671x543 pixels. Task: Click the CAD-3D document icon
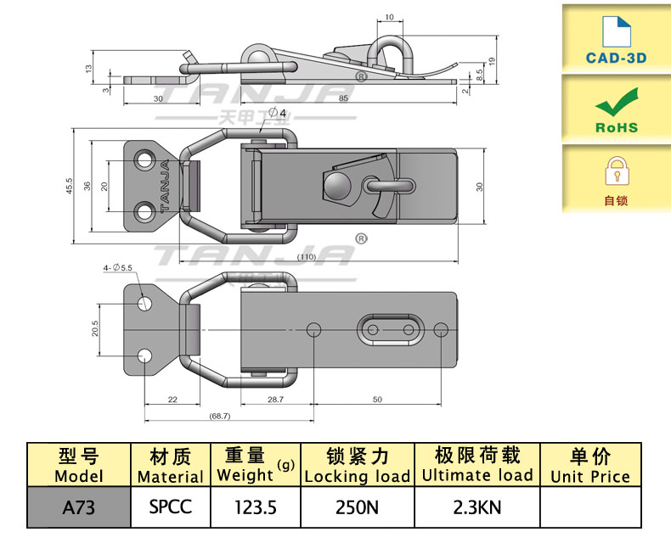click(x=617, y=31)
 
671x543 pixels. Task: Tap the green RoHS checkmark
click(x=617, y=104)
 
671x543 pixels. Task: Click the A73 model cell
click(x=78, y=507)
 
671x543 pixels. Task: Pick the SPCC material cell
click(x=170, y=507)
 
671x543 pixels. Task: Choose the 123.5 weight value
click(x=256, y=507)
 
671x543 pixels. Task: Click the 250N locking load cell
click(x=357, y=507)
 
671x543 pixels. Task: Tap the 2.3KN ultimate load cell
click(x=476, y=507)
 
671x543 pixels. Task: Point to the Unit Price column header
click(x=590, y=466)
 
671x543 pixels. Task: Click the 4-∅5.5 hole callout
click(x=118, y=268)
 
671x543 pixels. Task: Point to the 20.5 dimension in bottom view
click(x=96, y=327)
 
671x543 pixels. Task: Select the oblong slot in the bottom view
click(x=390, y=329)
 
